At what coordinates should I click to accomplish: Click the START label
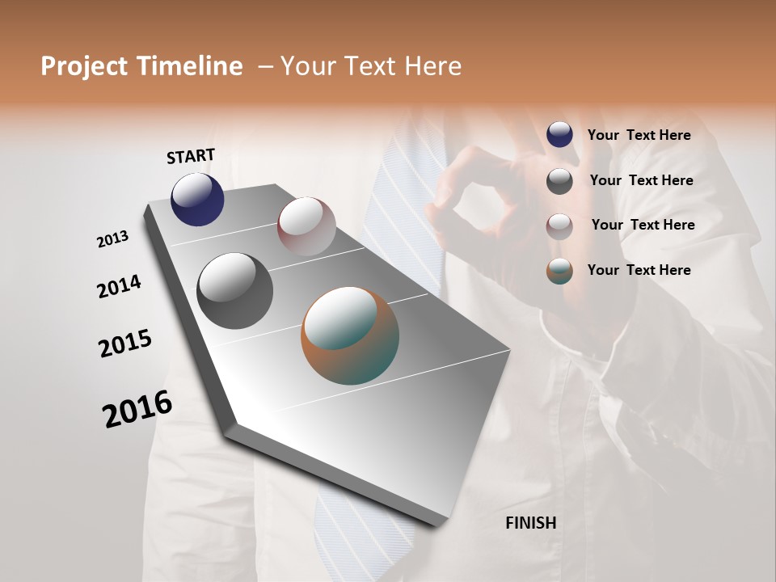click(191, 156)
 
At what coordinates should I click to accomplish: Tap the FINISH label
click(530, 523)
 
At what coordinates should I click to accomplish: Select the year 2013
click(112, 239)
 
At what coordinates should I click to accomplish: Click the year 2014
click(119, 287)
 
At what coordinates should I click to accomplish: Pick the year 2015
click(125, 344)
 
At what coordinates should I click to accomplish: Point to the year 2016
click(137, 408)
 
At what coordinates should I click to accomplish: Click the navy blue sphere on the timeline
click(197, 199)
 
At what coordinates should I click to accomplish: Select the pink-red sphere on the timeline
click(306, 226)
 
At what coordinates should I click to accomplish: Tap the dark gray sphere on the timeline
click(234, 290)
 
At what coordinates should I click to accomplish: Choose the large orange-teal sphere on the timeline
click(349, 335)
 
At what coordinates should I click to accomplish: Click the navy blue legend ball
click(559, 134)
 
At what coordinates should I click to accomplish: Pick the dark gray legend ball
click(559, 181)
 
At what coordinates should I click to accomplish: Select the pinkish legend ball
click(559, 226)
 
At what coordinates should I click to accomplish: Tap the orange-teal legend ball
click(559, 271)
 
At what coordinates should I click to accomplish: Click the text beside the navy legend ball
click(639, 135)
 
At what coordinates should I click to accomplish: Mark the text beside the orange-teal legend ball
click(639, 270)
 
